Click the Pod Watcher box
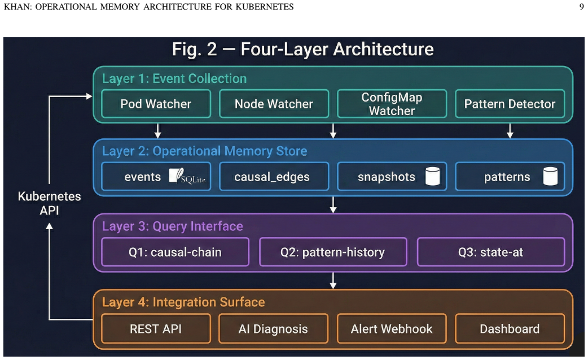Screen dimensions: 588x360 point(156,104)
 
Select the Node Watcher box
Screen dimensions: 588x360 point(274,104)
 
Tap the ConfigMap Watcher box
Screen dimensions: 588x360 point(392,104)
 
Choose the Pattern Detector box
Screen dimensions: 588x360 point(510,104)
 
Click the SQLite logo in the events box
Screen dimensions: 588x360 point(187,176)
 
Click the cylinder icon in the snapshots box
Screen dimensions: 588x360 point(432,176)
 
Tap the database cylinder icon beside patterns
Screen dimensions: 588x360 point(550,176)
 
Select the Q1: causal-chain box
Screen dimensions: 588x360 point(175,252)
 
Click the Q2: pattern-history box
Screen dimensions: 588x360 point(333,252)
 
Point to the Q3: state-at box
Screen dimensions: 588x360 point(491,252)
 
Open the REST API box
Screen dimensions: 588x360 point(156,328)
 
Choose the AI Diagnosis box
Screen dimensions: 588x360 point(273,328)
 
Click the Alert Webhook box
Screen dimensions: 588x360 point(392,328)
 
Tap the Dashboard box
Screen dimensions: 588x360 point(510,328)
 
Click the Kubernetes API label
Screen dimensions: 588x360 point(50,203)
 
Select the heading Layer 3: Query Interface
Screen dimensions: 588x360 point(173,226)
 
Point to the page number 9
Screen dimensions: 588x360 point(582,7)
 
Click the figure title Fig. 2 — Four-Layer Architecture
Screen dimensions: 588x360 point(302,49)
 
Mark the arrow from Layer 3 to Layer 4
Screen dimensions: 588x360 point(333,280)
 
